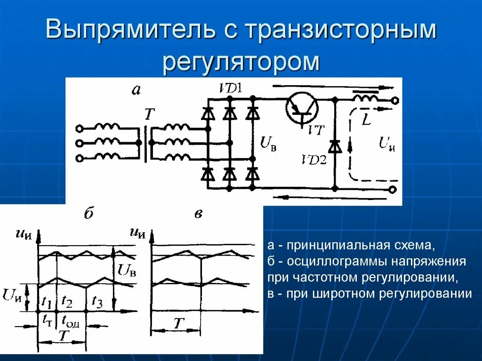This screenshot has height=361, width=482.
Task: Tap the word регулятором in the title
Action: pyautogui.click(x=241, y=63)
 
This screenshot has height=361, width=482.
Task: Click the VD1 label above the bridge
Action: pyautogui.click(x=230, y=88)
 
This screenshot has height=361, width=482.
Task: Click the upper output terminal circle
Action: pyautogui.click(x=395, y=100)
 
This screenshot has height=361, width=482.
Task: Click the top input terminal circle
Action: pyautogui.click(x=80, y=128)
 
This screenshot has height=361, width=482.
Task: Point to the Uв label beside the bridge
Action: pyautogui.click(x=268, y=143)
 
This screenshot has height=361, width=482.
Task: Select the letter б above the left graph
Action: pyautogui.click(x=88, y=214)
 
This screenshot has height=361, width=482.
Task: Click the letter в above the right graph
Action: pyautogui.click(x=198, y=214)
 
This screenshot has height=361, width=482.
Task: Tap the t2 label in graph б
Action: pyautogui.click(x=67, y=301)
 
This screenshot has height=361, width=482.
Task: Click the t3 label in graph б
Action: pyautogui.click(x=97, y=301)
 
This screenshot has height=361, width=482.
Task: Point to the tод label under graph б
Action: pyautogui.click(x=70, y=322)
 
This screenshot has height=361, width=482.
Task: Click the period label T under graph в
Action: pyautogui.click(x=177, y=324)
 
